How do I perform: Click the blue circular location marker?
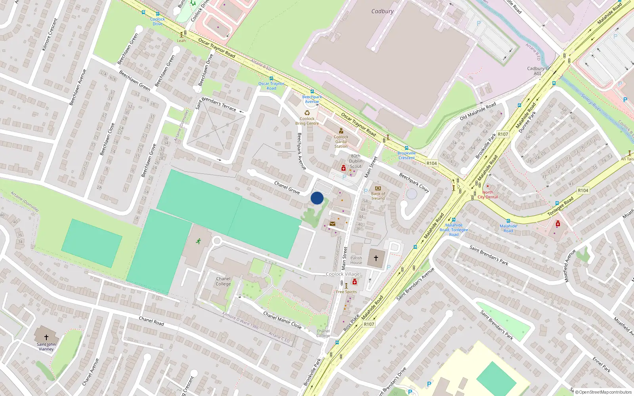(x=317, y=198)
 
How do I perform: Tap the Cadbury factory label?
(x=382, y=11)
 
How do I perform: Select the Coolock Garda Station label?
(x=341, y=141)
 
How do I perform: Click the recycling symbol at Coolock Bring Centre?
(x=307, y=112)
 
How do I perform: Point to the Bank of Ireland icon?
(x=378, y=188)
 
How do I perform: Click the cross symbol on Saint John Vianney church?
(x=46, y=337)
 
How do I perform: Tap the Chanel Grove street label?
(x=287, y=187)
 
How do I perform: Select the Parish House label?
(x=356, y=260)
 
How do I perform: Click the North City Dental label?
(x=488, y=194)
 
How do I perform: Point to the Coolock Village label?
(x=343, y=274)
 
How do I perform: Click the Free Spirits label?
(x=346, y=292)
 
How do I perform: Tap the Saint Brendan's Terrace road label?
(x=216, y=104)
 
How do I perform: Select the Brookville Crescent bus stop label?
(x=407, y=155)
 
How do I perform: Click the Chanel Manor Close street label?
(x=283, y=320)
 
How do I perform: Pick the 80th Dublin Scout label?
(x=356, y=161)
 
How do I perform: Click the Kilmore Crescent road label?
(x=50, y=34)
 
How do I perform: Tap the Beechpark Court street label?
(x=414, y=183)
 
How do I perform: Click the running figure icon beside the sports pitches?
(x=198, y=241)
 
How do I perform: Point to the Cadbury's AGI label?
(x=537, y=71)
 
